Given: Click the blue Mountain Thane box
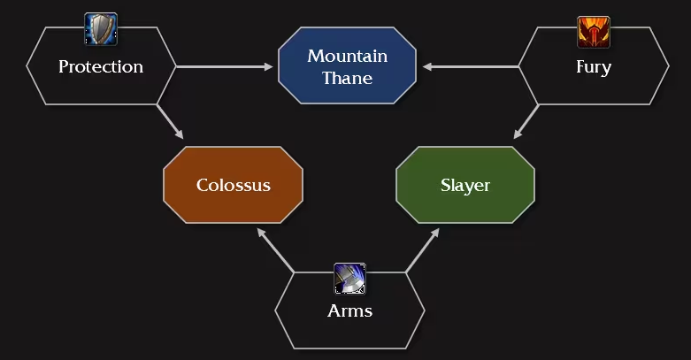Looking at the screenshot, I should (347, 66).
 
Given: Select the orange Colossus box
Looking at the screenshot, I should (233, 185).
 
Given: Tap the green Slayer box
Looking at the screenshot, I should (465, 185).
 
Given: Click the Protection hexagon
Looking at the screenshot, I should (101, 66).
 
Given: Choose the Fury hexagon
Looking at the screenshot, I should (593, 66).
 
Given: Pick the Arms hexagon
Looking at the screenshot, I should (349, 310).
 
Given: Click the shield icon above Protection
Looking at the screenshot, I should (101, 29).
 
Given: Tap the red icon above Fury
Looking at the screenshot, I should (593, 31).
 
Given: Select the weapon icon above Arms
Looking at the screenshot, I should (349, 278).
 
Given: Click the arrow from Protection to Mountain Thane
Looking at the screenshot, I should (226, 66).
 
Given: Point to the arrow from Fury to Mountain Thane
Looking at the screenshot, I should (469, 66).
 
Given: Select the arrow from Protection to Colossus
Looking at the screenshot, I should (171, 121).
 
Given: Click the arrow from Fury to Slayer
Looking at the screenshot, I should (526, 121).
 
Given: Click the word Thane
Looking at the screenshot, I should (347, 78).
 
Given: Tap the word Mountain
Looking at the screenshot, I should (347, 57).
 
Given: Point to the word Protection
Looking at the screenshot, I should (101, 66).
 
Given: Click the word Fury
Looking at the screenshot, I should (593, 66).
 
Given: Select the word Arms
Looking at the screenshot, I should (349, 310).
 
